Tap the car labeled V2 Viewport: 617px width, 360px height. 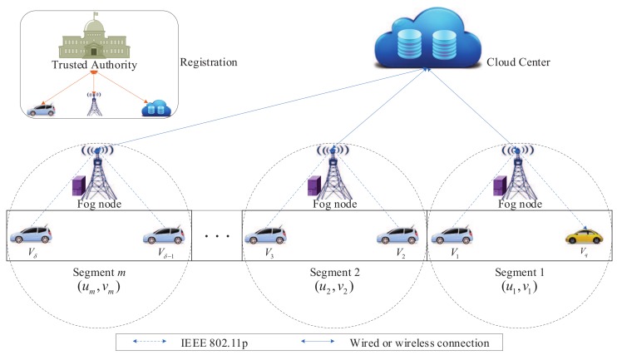coord(397,234)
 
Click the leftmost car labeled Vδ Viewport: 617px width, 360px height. coord(29,234)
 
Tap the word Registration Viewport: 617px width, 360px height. coord(209,62)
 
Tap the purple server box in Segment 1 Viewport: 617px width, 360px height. coord(501,187)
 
